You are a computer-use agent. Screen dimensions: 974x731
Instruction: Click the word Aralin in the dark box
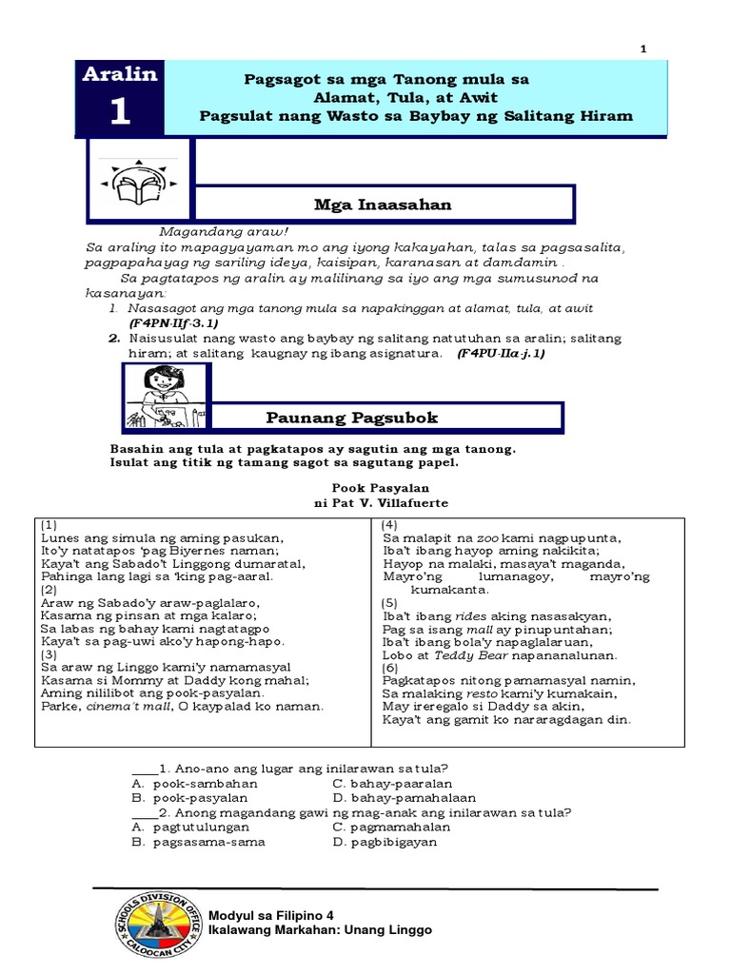coord(120,75)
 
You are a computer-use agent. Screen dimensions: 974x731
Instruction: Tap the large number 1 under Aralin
coord(120,112)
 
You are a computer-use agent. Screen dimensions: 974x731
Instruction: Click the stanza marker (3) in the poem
coord(49,654)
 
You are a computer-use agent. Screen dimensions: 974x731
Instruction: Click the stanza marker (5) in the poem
coord(390,603)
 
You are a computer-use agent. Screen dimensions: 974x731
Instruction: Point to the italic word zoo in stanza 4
coord(484,537)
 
